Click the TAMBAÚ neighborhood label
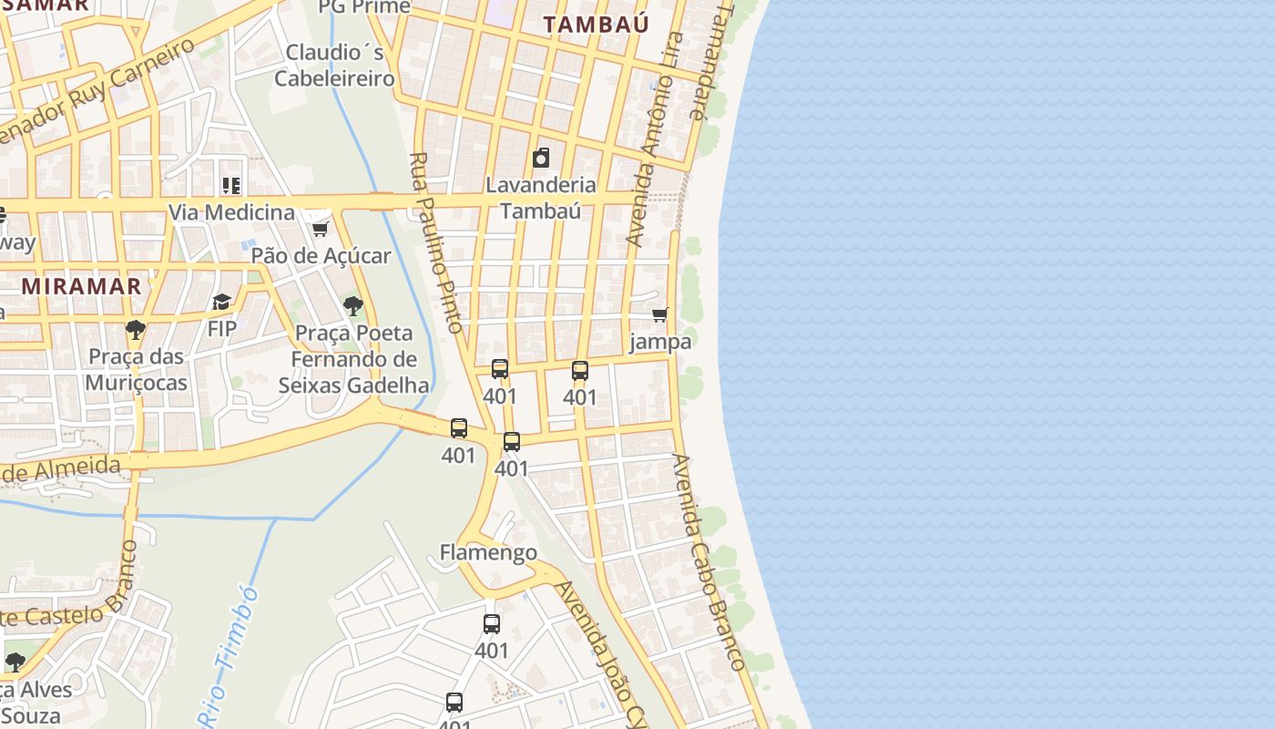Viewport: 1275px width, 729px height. click(x=596, y=25)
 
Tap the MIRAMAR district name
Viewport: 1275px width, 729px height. click(x=82, y=286)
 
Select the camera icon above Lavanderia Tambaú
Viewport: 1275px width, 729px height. click(x=541, y=158)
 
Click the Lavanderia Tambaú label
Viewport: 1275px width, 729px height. click(x=541, y=198)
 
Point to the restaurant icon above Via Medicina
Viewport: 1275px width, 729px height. click(x=231, y=186)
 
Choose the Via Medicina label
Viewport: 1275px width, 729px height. click(x=231, y=213)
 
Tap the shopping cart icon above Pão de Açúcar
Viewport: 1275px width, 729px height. click(x=320, y=228)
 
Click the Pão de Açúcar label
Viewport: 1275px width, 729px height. click(x=321, y=256)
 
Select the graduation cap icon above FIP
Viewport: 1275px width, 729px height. click(x=221, y=302)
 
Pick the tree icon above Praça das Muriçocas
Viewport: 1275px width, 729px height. click(x=136, y=330)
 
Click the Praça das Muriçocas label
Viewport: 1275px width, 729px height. click(x=136, y=369)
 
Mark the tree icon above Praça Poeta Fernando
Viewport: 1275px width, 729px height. click(x=353, y=306)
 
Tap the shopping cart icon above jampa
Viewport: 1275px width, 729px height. click(x=660, y=315)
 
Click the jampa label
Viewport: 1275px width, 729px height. click(x=660, y=342)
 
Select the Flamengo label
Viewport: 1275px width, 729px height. click(x=488, y=552)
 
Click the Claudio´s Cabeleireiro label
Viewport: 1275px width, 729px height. click(x=335, y=66)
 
